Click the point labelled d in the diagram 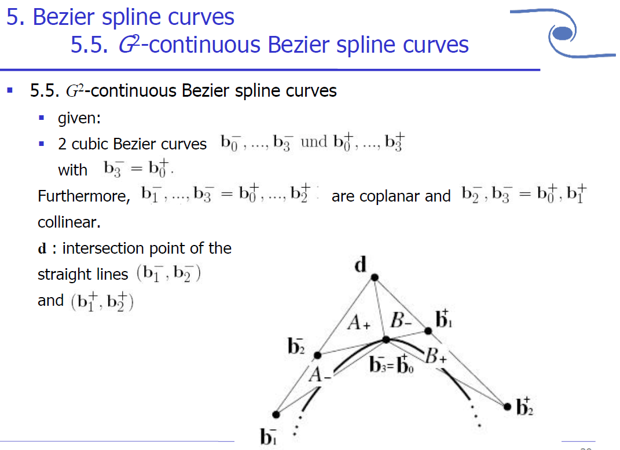(375, 278)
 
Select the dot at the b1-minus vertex (276, 414)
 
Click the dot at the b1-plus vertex (428, 331)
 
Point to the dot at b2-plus (507, 407)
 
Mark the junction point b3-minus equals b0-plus (385, 340)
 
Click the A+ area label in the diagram (359, 323)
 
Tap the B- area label (401, 320)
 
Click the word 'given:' (79, 118)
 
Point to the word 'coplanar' (392, 196)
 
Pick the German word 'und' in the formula (314, 142)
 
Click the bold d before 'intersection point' (42, 248)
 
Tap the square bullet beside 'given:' (42, 118)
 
